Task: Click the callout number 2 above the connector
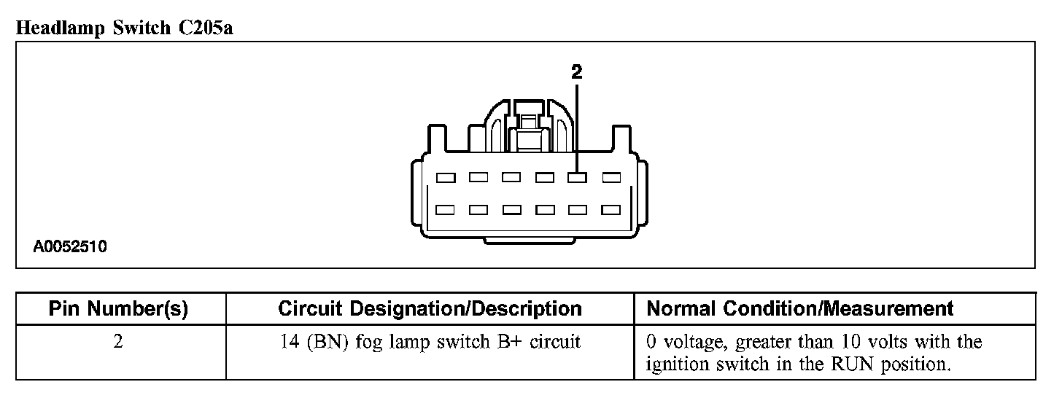tap(577, 71)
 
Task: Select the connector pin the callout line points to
tap(577, 177)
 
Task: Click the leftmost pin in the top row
tap(445, 177)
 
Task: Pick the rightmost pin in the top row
tap(611, 177)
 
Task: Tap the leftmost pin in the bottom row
tap(445, 210)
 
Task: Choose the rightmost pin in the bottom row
tap(611, 210)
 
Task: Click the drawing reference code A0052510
tap(70, 247)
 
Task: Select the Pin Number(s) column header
tap(118, 309)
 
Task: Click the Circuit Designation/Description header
tap(430, 309)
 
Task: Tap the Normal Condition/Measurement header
tap(800, 309)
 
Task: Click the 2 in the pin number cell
tap(118, 342)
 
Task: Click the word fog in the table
tap(369, 342)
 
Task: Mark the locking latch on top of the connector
tap(527, 124)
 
